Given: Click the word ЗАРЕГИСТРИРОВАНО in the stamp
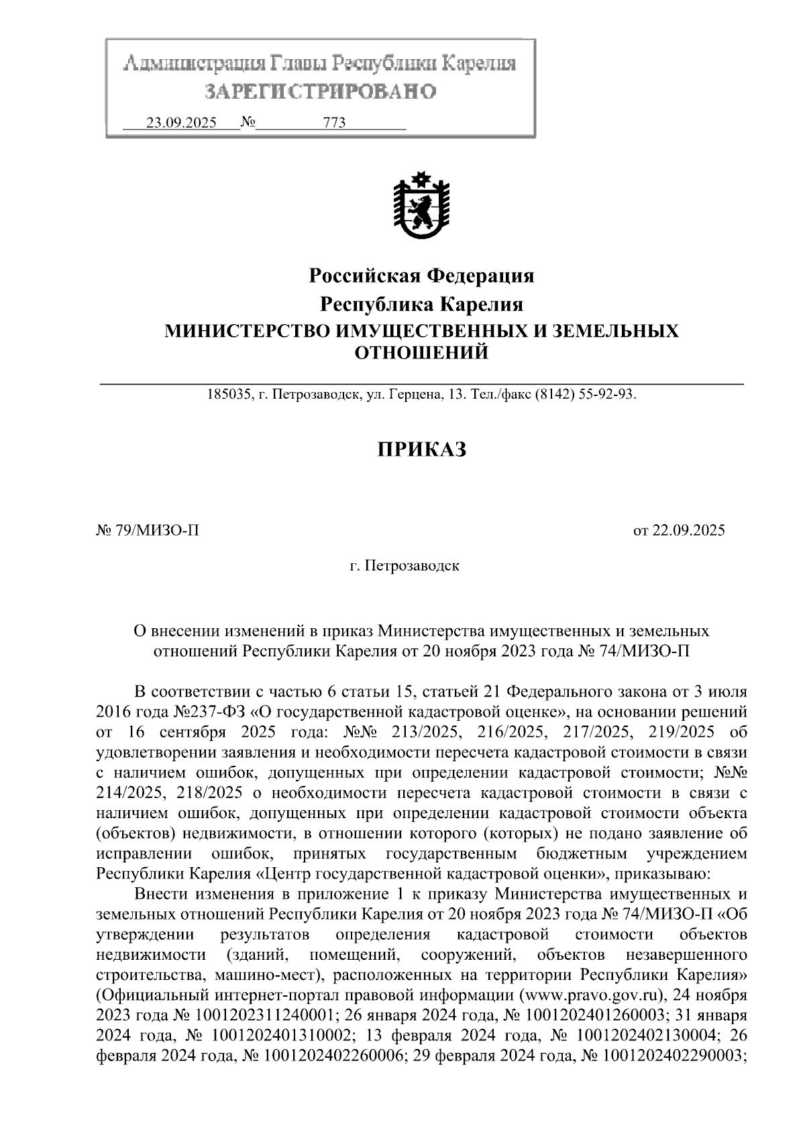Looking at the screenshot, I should point(320,91).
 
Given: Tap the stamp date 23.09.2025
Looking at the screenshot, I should point(181,123).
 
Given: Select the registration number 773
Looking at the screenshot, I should point(334,123).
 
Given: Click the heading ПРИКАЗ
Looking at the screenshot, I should point(421,450).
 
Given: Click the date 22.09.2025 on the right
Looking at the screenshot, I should point(688,531).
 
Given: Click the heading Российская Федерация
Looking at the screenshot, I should point(421,275).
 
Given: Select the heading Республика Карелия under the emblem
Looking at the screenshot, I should point(421,304).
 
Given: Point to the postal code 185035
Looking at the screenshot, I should point(229,395).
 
